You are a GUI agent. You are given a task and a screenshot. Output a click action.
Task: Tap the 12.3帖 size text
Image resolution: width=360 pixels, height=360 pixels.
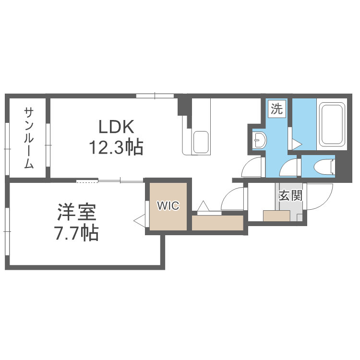(x=115, y=147)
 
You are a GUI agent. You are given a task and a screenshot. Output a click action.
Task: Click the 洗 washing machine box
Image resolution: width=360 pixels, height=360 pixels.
(x=277, y=108)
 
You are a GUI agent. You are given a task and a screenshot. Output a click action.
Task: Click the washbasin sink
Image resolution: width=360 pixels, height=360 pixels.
(x=259, y=141)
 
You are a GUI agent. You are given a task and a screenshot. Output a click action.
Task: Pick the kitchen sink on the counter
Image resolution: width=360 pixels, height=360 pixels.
(x=201, y=142)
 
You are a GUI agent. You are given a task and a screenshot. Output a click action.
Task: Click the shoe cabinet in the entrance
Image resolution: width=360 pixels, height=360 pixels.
(x=276, y=216)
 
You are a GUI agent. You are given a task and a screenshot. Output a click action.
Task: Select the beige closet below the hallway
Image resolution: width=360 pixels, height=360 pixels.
(x=218, y=223)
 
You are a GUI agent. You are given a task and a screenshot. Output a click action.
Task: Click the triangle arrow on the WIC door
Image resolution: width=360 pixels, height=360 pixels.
(x=140, y=221)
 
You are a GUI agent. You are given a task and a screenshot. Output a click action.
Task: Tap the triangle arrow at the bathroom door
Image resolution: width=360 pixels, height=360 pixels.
(x=297, y=144)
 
